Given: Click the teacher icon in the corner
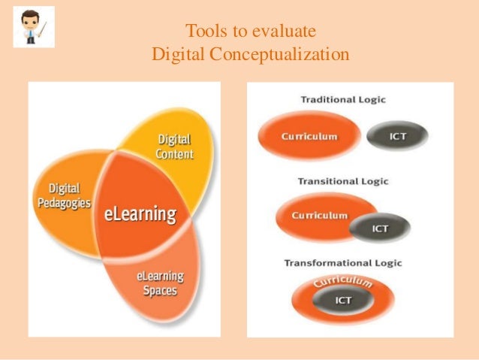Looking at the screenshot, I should (34, 26).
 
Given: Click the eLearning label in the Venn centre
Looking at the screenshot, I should (140, 214).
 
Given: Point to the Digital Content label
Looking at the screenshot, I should (175, 147).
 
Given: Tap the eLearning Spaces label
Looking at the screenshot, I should (159, 283).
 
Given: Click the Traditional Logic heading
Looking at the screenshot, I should (342, 100).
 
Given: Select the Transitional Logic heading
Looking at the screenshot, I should (342, 181).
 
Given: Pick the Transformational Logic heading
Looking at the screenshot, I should (342, 262).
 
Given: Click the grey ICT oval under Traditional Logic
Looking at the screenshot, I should (398, 137).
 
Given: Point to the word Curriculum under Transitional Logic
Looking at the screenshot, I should (320, 216).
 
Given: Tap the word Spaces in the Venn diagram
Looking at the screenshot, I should (159, 290).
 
